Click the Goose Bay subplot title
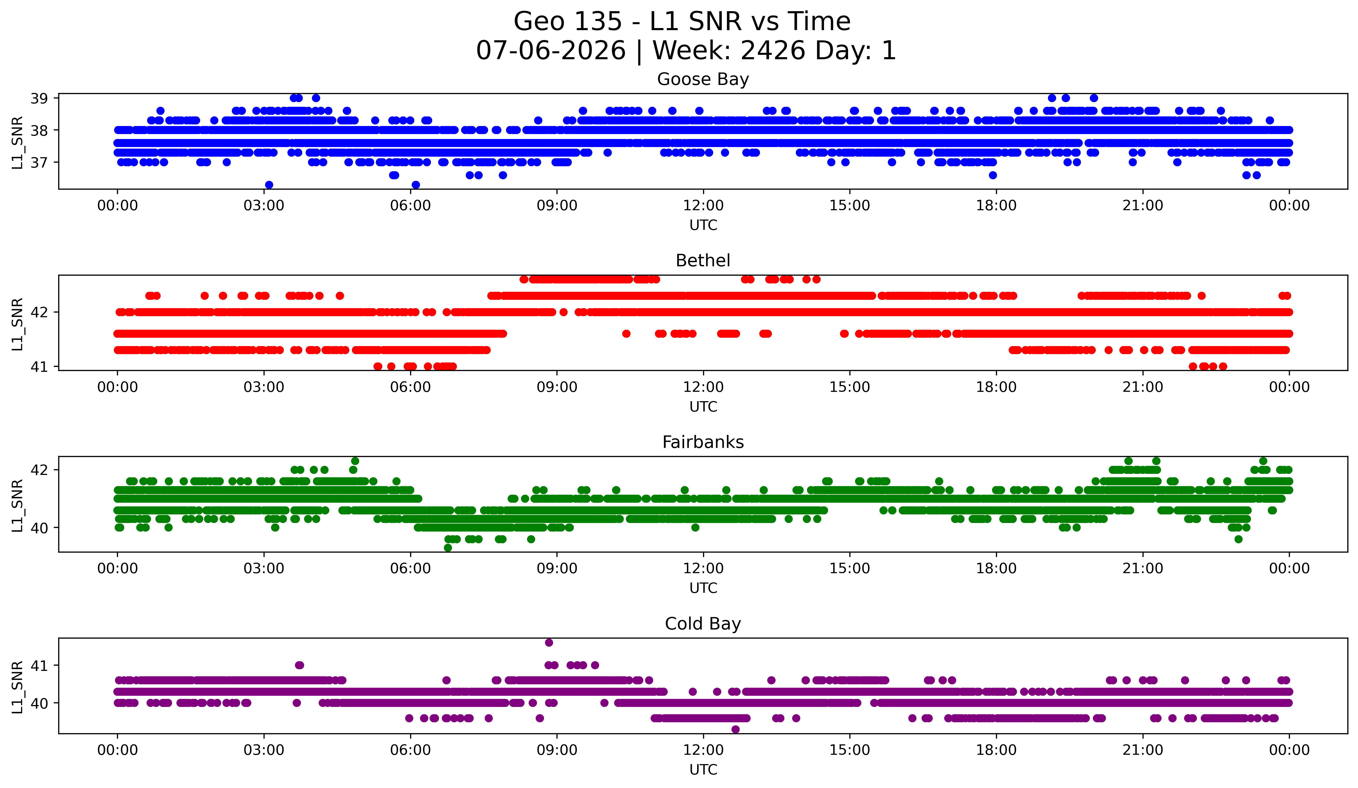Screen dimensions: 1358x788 703,79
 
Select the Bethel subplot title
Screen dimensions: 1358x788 703,261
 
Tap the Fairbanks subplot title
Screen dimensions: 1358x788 703,442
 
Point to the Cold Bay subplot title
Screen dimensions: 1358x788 703,624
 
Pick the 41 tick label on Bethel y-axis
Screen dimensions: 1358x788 39,367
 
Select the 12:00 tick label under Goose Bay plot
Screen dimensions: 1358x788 703,206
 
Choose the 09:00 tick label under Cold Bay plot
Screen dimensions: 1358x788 557,750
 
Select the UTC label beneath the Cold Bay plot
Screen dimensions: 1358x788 703,770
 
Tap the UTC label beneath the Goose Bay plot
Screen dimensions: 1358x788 703,225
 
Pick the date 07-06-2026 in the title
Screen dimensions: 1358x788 551,51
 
